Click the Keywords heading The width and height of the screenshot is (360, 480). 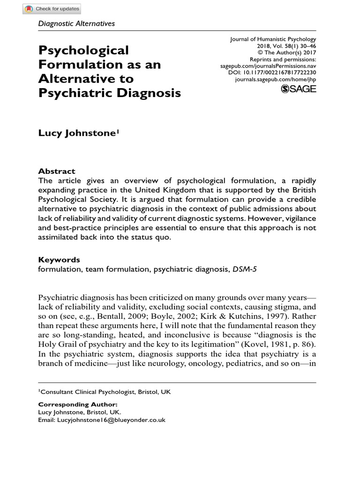pos(59,259)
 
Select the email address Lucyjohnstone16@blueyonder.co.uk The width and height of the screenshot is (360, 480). pos(112,420)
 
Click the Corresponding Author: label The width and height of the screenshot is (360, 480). pos(77,404)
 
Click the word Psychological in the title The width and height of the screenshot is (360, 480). pos(83,50)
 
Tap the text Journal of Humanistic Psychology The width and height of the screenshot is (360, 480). pos(273,39)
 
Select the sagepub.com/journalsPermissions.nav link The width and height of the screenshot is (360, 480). pos(268,67)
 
